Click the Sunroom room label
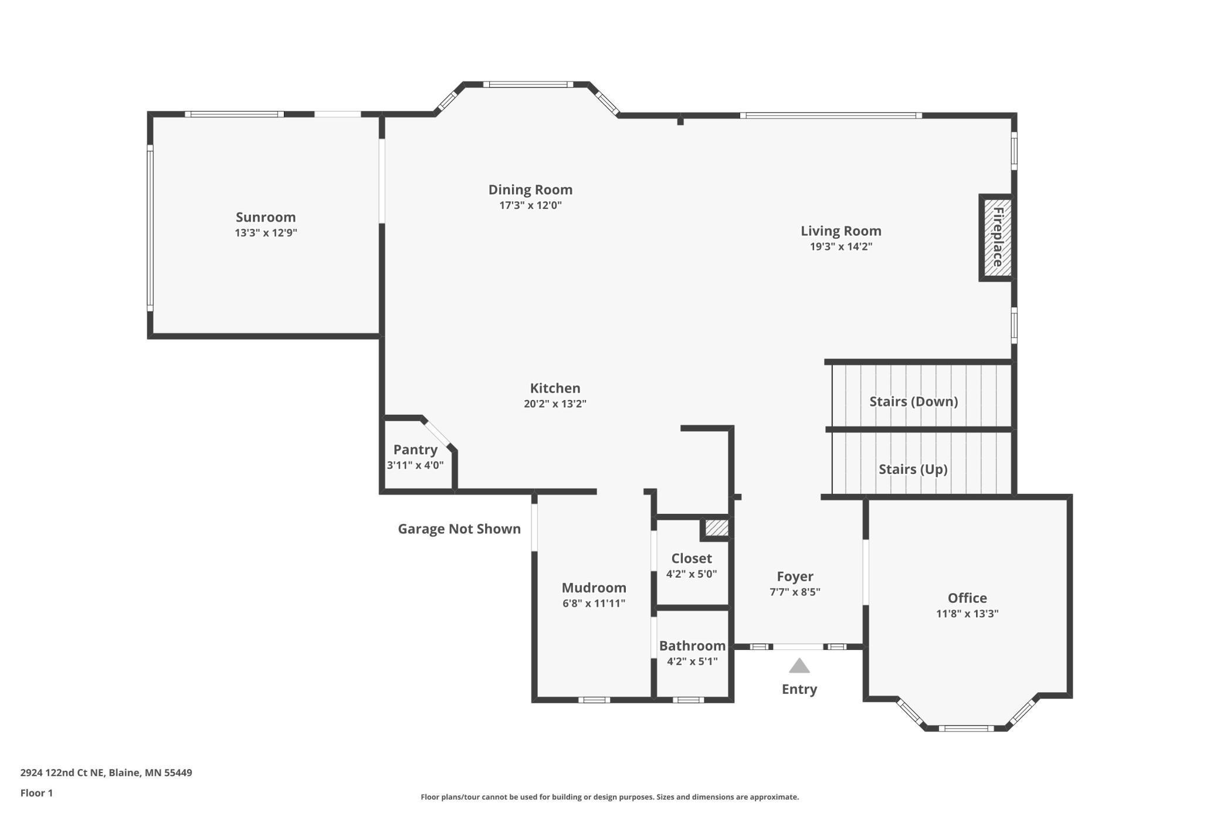click(x=266, y=218)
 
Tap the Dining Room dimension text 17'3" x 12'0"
click(x=530, y=205)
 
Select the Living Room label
click(x=841, y=231)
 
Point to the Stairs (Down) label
click(x=913, y=402)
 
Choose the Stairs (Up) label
click(x=913, y=469)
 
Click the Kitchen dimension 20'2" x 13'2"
click(x=555, y=404)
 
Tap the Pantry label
click(x=415, y=450)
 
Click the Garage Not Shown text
click(x=459, y=529)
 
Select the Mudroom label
click(x=594, y=588)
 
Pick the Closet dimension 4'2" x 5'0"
click(x=692, y=574)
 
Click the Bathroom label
click(x=692, y=646)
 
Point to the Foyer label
click(x=795, y=577)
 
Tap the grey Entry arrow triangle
click(x=799, y=666)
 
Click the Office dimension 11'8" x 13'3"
click(x=967, y=614)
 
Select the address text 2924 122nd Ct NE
click(x=63, y=773)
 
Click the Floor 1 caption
click(x=36, y=793)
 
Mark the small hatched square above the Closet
click(x=716, y=528)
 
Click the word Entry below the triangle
click(x=799, y=689)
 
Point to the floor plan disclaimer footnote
click(x=609, y=797)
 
